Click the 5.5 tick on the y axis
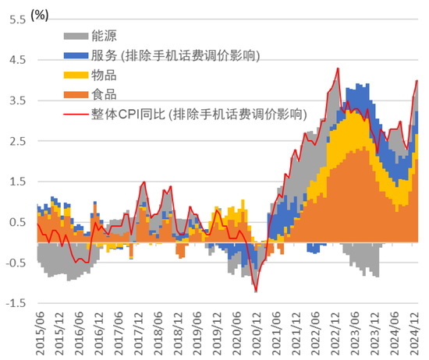(17, 20)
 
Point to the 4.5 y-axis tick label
(17, 60)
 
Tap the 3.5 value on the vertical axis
(17, 101)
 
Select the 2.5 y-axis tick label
(17, 141)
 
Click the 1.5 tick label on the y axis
(17, 182)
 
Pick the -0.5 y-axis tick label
(16, 263)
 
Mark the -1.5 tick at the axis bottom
(16, 303)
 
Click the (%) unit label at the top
(40, 15)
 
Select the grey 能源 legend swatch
(76, 36)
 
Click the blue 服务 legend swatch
(76, 56)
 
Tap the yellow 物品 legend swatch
(76, 75)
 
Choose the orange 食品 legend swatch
(76, 94)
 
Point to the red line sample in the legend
(76, 114)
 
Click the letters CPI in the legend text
(129, 115)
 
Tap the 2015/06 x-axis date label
(40, 334)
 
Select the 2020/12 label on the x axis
(256, 334)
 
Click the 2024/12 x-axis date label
(413, 334)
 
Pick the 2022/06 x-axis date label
(315, 334)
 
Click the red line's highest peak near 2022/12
(339, 68)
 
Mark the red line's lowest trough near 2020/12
(256, 291)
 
